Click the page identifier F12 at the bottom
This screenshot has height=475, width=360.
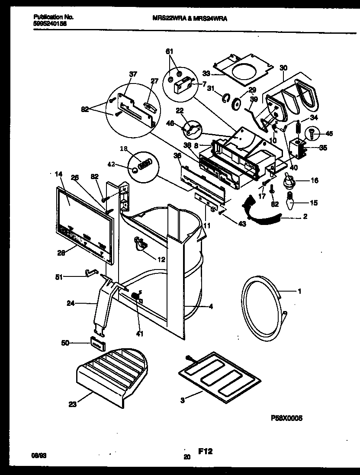click(206, 452)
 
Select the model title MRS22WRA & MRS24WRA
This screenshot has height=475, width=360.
click(191, 19)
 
